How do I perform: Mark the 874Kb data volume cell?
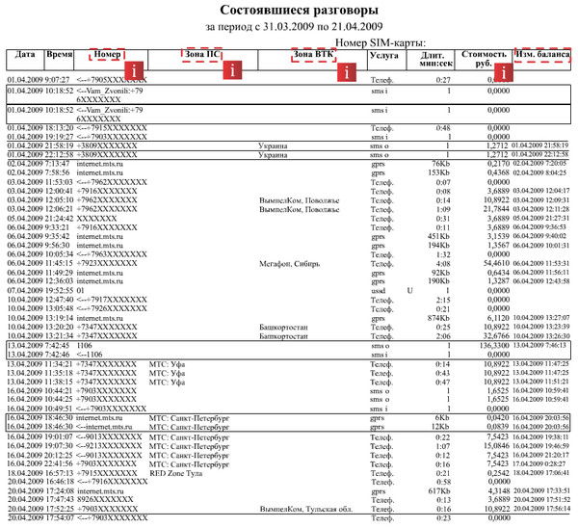click(x=438, y=317)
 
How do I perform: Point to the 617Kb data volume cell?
click(x=438, y=491)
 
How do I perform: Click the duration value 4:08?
click(x=442, y=263)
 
